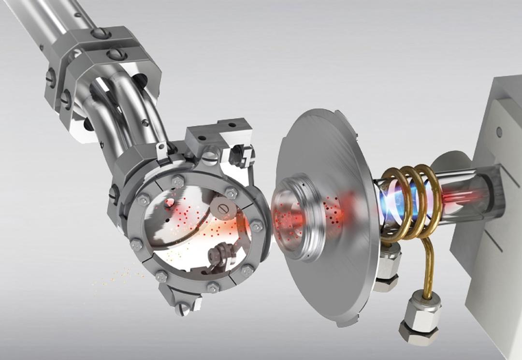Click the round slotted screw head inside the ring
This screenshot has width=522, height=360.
tap(223, 208)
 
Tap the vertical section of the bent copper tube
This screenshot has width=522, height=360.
tap(427, 271)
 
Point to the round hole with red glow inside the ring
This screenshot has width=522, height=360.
tap(169, 203)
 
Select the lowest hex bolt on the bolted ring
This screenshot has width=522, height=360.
tap(213, 288)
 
